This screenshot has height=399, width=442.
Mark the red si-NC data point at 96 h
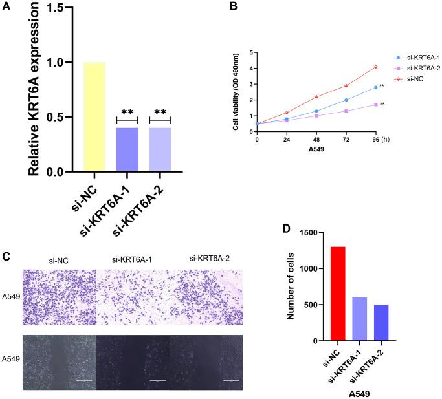(x=375, y=67)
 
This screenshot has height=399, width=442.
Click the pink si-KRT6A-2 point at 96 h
(x=375, y=104)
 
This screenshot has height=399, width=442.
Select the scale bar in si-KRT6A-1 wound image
(x=158, y=381)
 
